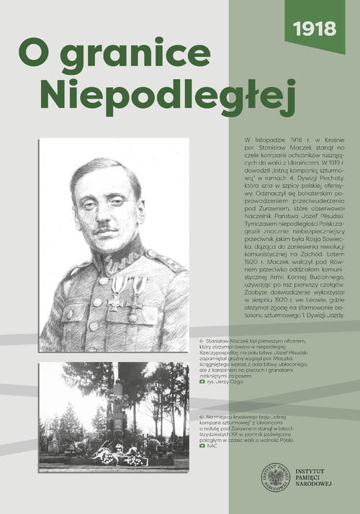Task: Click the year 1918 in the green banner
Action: point(315,28)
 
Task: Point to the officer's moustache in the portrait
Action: point(106,230)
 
